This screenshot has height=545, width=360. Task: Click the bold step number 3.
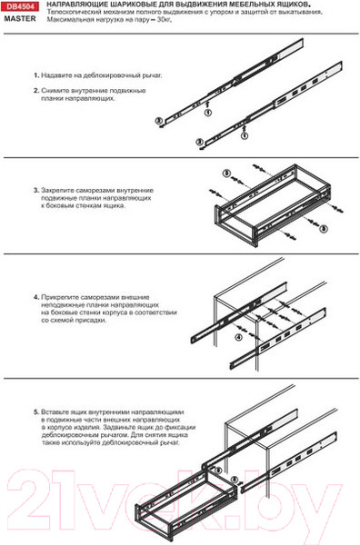[35, 191]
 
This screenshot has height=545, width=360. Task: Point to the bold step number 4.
[35, 297]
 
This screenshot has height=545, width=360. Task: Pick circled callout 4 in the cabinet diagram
[239, 337]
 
